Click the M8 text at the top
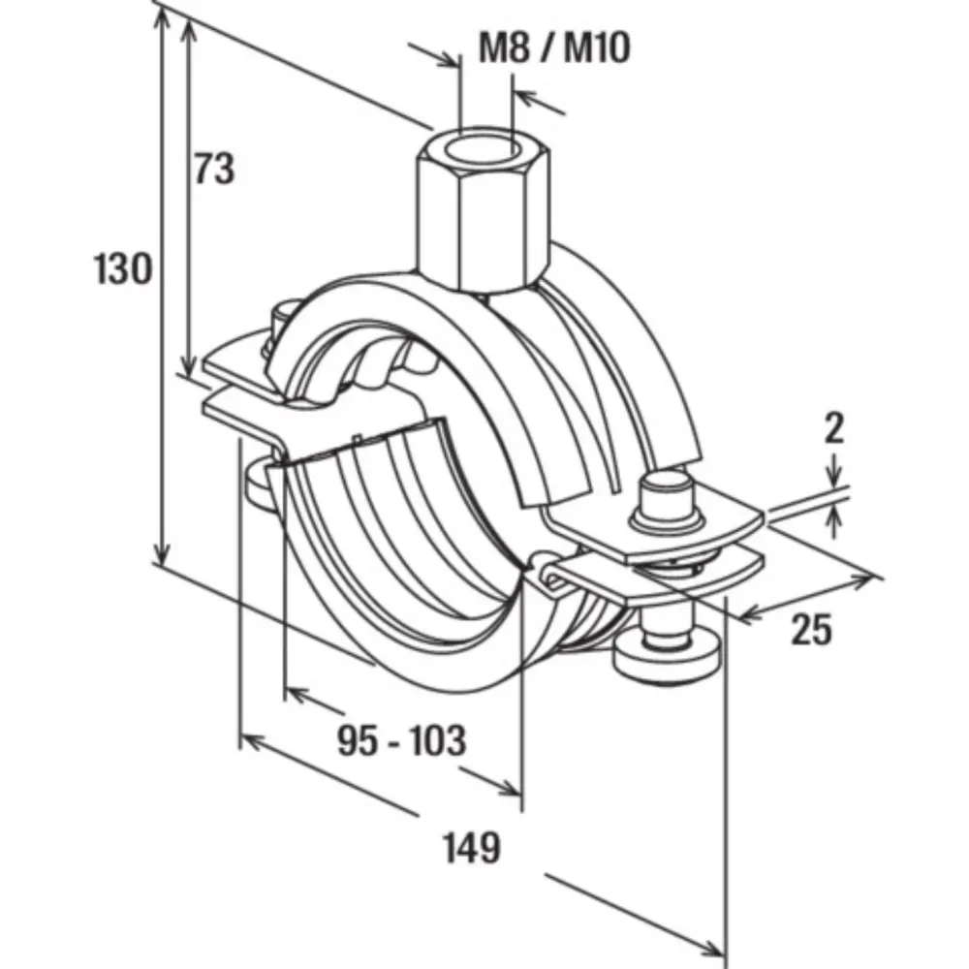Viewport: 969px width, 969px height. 505,47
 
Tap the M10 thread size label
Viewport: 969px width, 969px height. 596,47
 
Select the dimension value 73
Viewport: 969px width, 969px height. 214,169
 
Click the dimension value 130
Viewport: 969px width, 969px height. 123,268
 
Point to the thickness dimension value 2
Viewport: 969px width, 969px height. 834,428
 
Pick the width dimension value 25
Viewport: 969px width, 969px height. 811,631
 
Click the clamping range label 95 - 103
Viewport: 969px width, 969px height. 402,740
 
